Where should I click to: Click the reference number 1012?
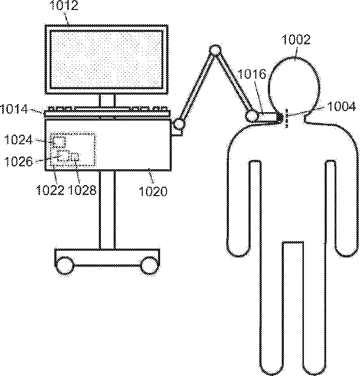click(64, 5)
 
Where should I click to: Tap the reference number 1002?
click(296, 40)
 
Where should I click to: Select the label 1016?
click(252, 75)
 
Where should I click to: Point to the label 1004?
click(341, 106)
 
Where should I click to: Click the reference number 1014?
click(14, 109)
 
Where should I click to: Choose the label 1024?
click(18, 140)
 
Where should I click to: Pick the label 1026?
click(19, 162)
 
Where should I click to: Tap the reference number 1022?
click(50, 190)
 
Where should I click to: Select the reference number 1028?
click(82, 190)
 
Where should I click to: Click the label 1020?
click(153, 191)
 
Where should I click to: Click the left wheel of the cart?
click(64, 265)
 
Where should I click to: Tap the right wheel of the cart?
click(149, 265)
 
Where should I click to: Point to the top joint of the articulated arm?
click(215, 50)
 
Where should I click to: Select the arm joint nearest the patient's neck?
click(251, 117)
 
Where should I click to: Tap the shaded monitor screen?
click(106, 59)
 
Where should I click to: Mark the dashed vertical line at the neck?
click(286, 118)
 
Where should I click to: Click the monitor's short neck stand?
click(107, 100)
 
